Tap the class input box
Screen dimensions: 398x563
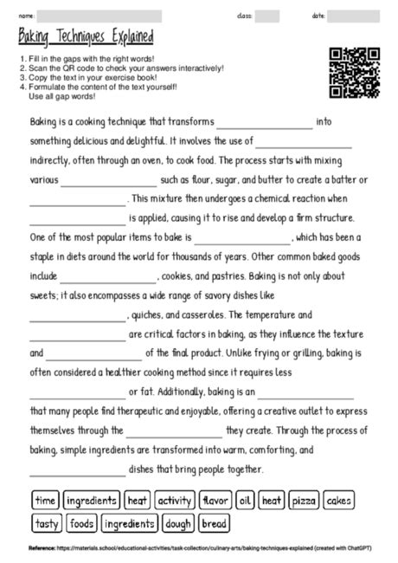(x=266, y=16)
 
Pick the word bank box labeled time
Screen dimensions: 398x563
(x=45, y=501)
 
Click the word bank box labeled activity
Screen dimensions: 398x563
(x=175, y=501)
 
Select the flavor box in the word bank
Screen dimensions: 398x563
(x=215, y=501)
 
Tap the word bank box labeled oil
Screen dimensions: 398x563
(x=246, y=501)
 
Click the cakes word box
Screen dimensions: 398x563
(x=339, y=501)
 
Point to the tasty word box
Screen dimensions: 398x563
(x=48, y=523)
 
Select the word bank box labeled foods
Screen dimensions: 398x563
(x=82, y=523)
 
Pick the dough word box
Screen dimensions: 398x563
(x=179, y=523)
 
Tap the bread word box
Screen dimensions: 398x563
(x=214, y=523)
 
